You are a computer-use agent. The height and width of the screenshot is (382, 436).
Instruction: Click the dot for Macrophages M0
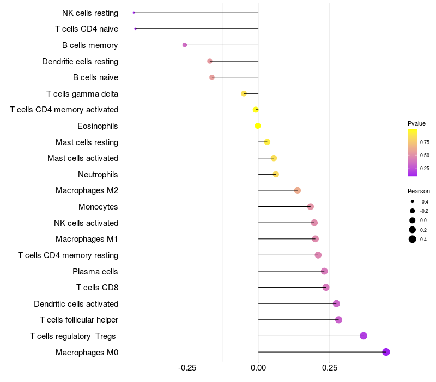[386, 352]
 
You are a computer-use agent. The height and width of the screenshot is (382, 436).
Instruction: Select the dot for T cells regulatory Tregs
[363, 336]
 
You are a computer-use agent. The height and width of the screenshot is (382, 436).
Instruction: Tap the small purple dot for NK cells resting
[134, 13]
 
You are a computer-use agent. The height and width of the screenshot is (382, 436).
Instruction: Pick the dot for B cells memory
[185, 45]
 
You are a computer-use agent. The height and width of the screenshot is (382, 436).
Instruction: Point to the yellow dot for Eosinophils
[258, 126]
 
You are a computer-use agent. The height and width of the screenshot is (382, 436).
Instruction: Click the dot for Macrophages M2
[298, 190]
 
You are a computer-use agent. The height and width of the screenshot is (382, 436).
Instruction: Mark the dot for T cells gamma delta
[244, 93]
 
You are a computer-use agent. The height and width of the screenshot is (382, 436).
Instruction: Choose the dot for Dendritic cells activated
[336, 303]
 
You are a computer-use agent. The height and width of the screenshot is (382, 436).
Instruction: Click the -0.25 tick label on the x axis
[187, 368]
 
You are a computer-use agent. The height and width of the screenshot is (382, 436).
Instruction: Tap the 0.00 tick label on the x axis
[258, 368]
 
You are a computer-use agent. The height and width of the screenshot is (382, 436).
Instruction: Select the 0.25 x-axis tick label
[330, 368]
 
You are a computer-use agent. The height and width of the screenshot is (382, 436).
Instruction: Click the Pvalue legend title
[416, 123]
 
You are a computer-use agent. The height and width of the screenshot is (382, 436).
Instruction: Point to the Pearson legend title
[419, 191]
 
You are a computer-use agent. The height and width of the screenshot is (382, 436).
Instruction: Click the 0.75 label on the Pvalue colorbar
[425, 142]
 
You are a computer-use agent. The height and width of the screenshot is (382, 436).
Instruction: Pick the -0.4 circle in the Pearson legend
[413, 201]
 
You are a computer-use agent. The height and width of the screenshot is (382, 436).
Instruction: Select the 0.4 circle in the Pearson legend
[413, 239]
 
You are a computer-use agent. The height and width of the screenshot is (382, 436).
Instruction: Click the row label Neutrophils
[98, 175]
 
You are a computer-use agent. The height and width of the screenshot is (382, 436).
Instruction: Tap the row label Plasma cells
[95, 271]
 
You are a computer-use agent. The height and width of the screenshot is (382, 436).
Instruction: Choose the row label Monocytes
[98, 207]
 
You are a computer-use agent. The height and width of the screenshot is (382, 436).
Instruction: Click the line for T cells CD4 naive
[197, 29]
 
